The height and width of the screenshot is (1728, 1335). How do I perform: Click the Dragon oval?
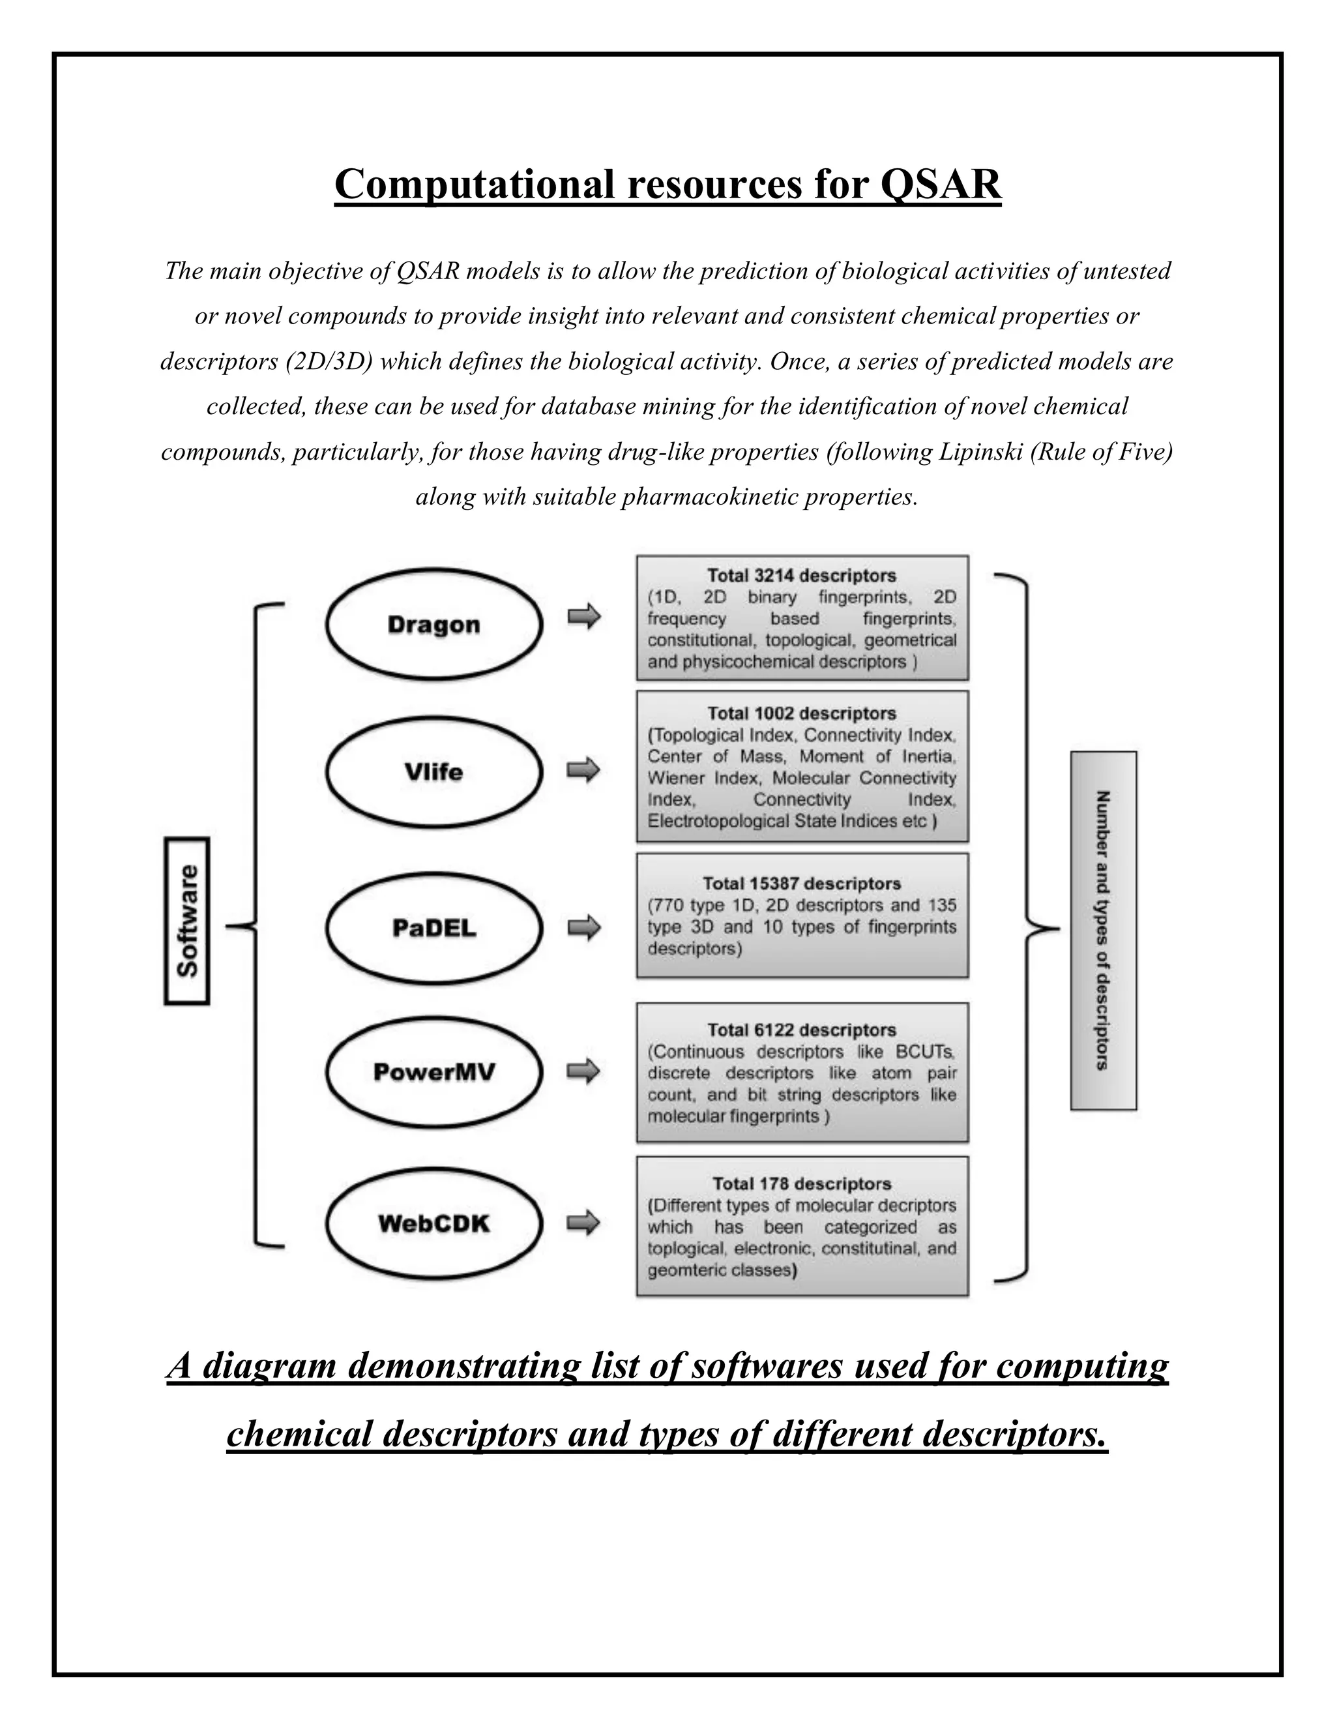[433, 624]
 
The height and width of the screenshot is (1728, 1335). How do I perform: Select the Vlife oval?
[433, 771]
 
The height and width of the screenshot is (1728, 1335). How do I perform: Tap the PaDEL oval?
[433, 927]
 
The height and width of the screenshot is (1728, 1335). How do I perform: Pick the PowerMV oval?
[433, 1072]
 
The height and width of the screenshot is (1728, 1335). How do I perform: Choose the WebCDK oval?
[433, 1223]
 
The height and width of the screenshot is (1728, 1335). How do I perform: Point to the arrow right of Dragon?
[583, 616]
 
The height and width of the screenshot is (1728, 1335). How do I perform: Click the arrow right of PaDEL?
[583, 927]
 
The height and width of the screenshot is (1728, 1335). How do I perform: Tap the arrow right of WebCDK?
[583, 1223]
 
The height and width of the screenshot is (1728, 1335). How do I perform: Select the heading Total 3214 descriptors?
[801, 576]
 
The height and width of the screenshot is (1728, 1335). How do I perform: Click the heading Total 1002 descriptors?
[801, 713]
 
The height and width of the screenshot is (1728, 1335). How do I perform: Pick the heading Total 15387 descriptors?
[801, 883]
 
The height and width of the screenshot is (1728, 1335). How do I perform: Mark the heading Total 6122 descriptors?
[801, 1030]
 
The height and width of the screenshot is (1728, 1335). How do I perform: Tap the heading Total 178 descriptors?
[801, 1184]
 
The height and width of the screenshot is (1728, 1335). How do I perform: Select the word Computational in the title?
[475, 185]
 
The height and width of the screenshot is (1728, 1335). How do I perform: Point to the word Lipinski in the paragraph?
[980, 452]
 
